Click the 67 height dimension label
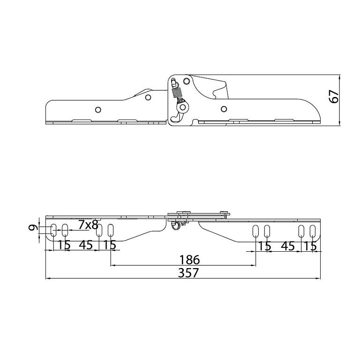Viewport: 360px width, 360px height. point(334,97)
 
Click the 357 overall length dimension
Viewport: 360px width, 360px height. point(188,273)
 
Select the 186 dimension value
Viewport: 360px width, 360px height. point(190,260)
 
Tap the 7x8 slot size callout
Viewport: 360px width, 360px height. point(89,225)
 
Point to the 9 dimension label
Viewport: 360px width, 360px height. point(33,228)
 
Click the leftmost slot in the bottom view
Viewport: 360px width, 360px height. point(53,230)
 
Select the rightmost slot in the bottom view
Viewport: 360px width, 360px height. point(313,231)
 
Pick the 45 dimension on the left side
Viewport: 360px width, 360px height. point(86,245)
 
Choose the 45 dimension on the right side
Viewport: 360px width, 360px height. point(288,247)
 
